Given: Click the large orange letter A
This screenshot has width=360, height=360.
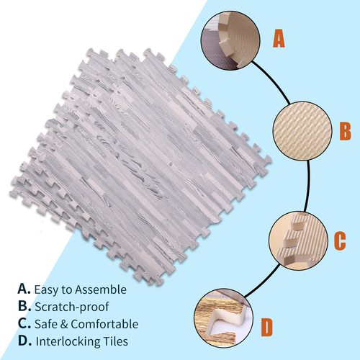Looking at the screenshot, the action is coord(279,38).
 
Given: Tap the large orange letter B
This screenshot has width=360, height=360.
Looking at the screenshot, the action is coord(345,131).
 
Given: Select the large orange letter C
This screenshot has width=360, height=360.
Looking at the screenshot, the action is coord(340,240).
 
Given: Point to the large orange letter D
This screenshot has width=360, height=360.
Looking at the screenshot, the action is coord(267,327).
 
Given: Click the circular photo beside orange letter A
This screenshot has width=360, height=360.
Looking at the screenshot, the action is coord(230,41).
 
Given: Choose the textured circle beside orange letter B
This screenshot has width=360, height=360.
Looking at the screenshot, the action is coord(302,131).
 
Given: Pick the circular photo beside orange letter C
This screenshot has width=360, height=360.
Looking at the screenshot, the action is coord(298,240).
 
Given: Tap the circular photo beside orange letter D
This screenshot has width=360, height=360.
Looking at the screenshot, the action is coord(224,318).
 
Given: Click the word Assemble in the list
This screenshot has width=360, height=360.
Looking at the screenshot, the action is coord(101,289).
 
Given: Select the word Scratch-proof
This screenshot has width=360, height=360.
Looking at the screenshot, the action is coord(72,307).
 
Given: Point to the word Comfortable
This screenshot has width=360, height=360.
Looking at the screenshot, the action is coord(104,324).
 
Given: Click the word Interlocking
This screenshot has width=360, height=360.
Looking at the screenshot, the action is coord(68,342).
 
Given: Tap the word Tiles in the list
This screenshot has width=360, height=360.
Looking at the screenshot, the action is coord(115,341).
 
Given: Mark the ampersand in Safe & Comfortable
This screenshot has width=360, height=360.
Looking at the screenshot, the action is coord(64,324).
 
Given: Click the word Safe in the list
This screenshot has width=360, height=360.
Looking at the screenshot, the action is coord(46,324).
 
